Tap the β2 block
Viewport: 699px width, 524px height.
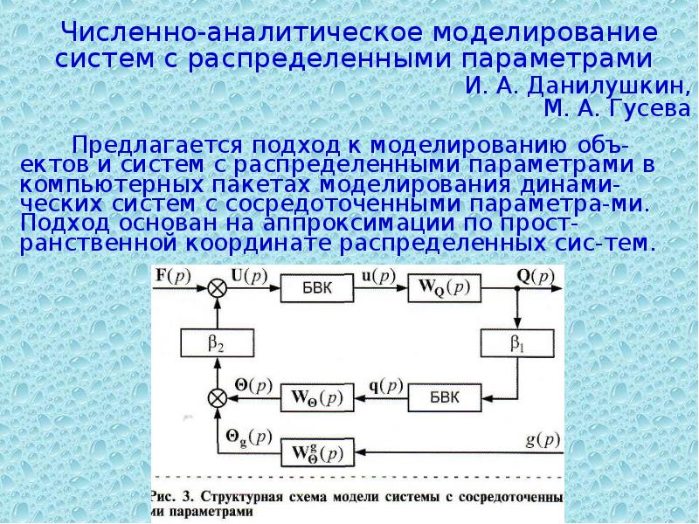tap(216, 344)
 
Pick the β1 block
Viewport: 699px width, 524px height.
tap(517, 343)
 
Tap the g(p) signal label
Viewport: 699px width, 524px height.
tap(544, 438)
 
